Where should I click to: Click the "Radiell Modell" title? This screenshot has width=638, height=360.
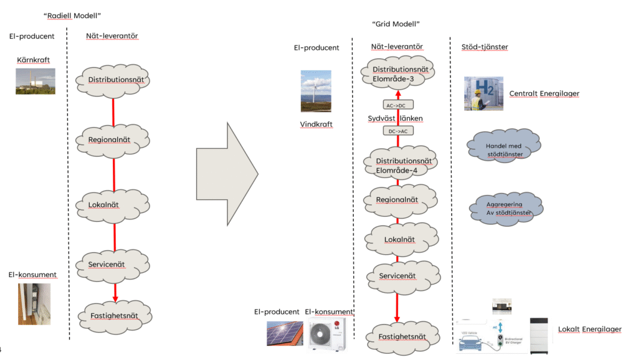tap(72, 15)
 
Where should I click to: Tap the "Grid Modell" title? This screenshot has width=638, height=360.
tap(396, 24)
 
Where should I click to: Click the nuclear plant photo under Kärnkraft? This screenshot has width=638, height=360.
tap(36, 81)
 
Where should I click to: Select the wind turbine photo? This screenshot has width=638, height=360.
tap(316, 91)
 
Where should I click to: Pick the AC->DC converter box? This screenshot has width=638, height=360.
tap(398, 105)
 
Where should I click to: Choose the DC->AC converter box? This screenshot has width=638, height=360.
tap(398, 131)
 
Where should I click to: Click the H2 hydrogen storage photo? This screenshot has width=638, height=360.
tap(483, 93)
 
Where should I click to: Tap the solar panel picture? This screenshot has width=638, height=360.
tap(285, 333)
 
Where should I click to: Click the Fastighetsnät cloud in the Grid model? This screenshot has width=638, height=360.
tap(402, 337)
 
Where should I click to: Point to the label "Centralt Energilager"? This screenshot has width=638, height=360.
tap(544, 93)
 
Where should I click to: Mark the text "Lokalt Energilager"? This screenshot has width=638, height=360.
tap(589, 329)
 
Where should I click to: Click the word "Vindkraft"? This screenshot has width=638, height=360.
tap(316, 125)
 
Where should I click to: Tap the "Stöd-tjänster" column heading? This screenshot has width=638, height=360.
tap(483, 47)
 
